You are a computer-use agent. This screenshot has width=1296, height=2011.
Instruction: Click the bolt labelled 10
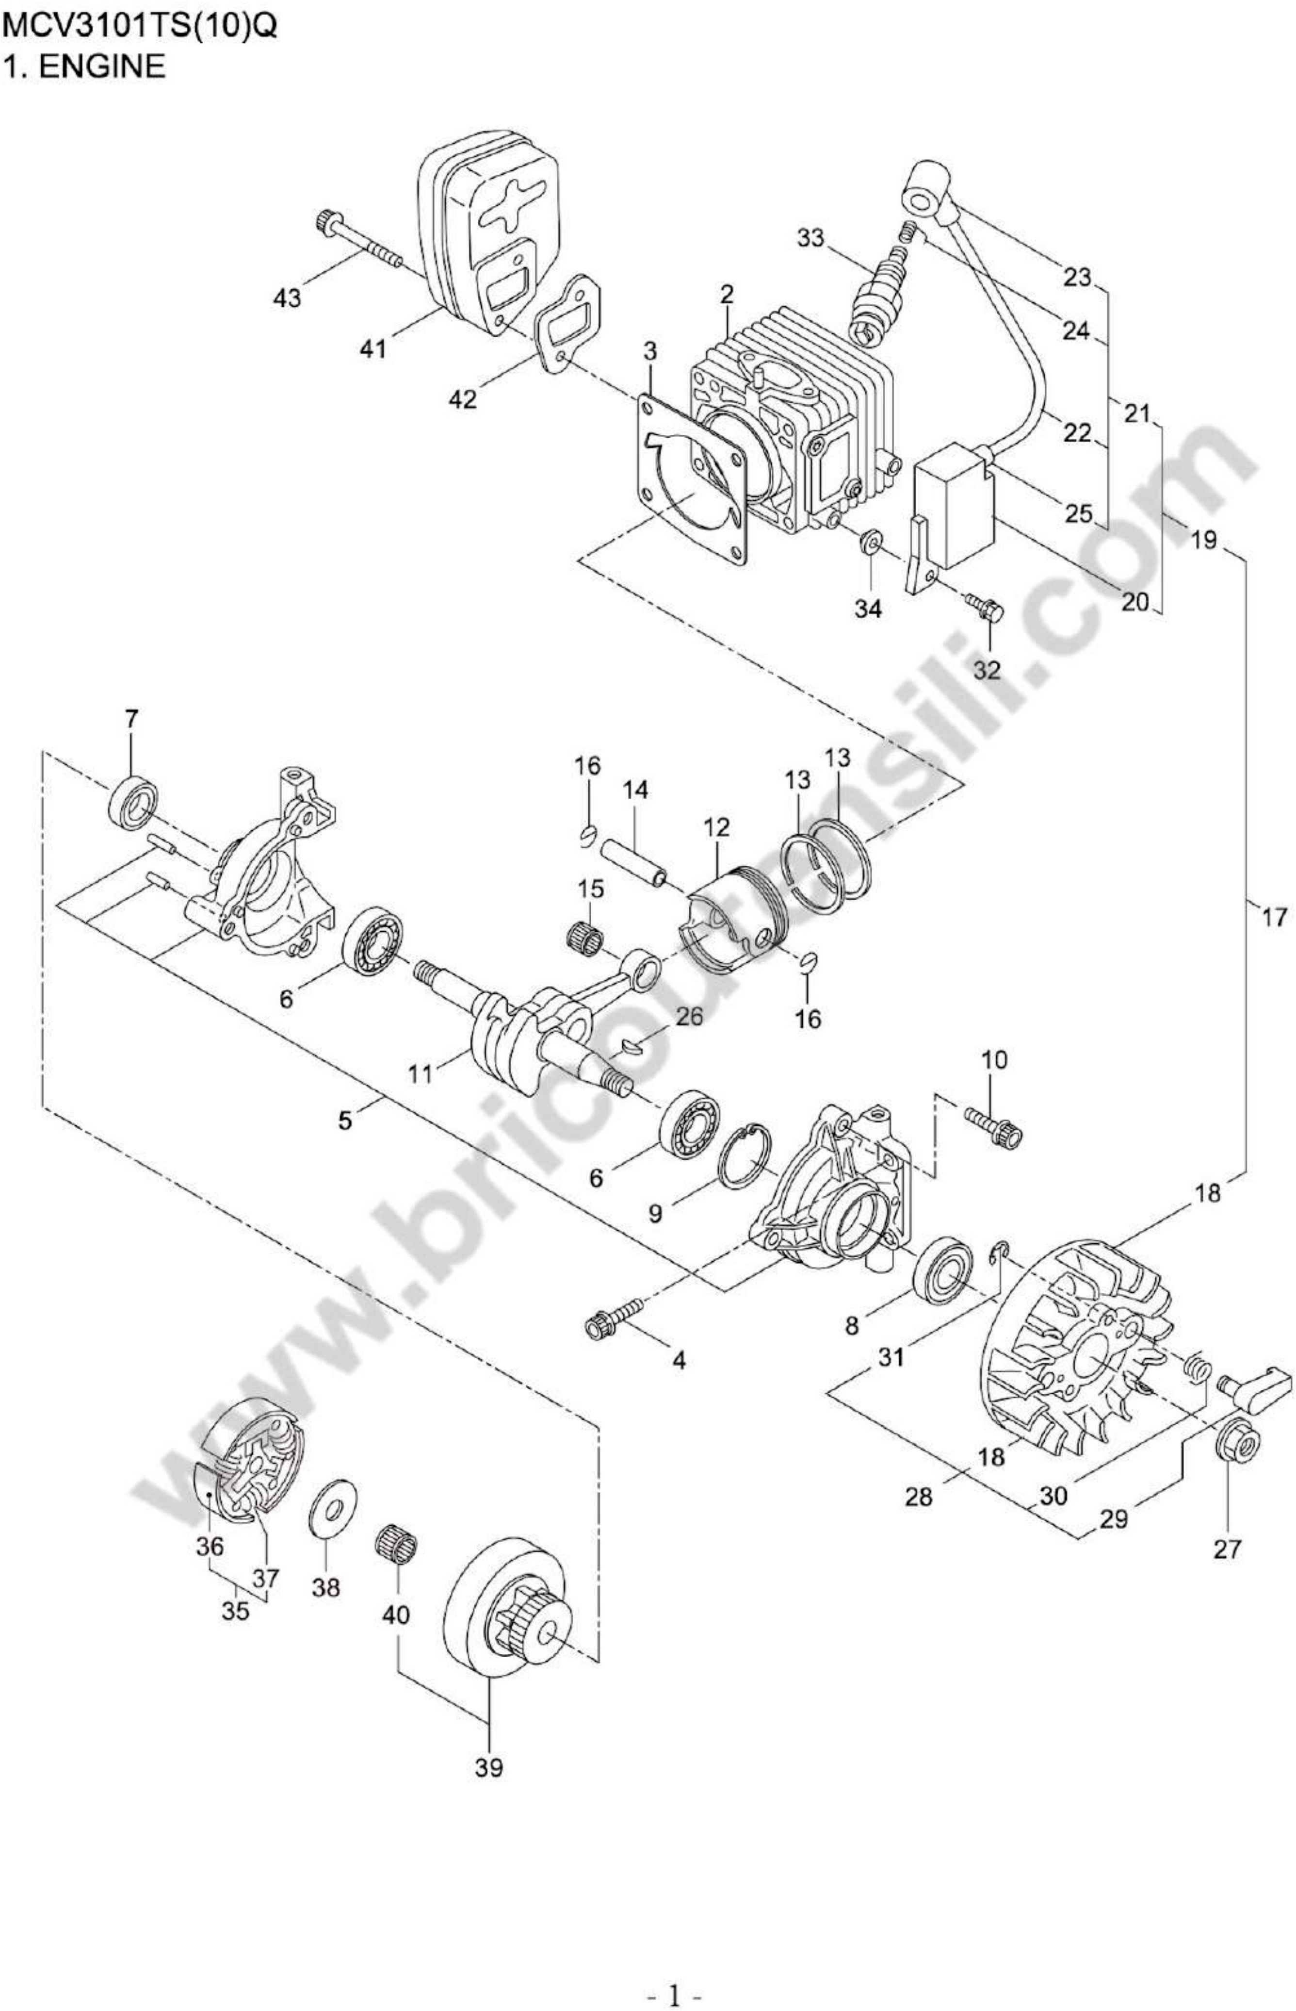[995, 1126]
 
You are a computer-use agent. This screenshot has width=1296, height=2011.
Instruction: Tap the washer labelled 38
[334, 1502]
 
